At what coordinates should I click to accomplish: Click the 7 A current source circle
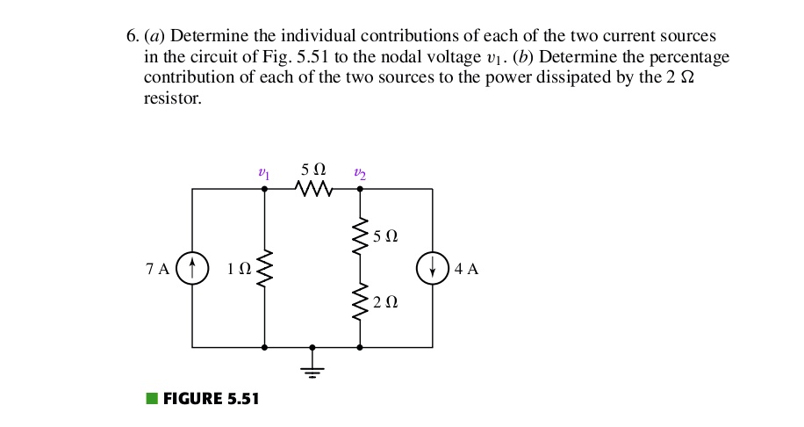click(x=192, y=268)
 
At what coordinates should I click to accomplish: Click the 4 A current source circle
click(x=432, y=268)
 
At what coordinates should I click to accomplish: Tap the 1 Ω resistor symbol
click(x=264, y=268)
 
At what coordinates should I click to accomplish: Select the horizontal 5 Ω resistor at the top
click(x=313, y=189)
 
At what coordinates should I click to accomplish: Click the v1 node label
click(x=263, y=174)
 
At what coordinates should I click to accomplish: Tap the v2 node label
click(x=360, y=174)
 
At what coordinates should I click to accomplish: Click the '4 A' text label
click(x=467, y=269)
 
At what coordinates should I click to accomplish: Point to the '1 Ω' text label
click(x=238, y=269)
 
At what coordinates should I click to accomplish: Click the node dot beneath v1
click(x=264, y=189)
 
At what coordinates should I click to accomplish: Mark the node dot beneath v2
click(x=360, y=189)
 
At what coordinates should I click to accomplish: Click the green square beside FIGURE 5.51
click(x=152, y=399)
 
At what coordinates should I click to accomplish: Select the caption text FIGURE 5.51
click(x=212, y=399)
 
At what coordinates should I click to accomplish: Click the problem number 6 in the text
click(x=132, y=37)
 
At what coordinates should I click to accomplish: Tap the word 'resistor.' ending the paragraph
click(x=172, y=98)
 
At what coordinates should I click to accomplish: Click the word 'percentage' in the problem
click(x=692, y=57)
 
